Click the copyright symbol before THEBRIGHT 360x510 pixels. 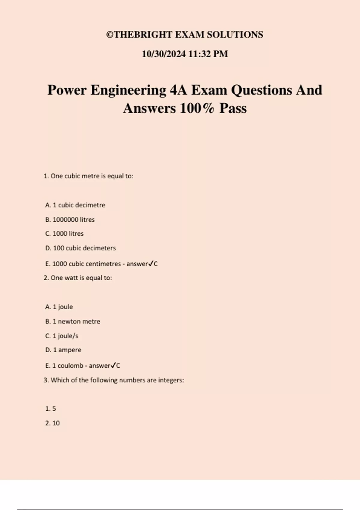110,35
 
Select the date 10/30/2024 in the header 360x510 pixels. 164,54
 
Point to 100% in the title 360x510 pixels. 197,108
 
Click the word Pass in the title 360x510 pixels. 233,108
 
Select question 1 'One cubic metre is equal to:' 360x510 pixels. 88,176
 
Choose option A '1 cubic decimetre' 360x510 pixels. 75,205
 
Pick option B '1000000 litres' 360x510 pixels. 70,220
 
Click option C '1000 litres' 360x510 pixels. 64,234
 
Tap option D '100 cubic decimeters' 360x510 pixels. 80,248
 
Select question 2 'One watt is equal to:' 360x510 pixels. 78,278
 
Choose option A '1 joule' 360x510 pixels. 59,307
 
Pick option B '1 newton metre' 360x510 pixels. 73,321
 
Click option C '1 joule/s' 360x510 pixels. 62,336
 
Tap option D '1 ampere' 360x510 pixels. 63,350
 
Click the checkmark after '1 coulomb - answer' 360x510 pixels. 113,365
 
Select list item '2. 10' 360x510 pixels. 52,423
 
